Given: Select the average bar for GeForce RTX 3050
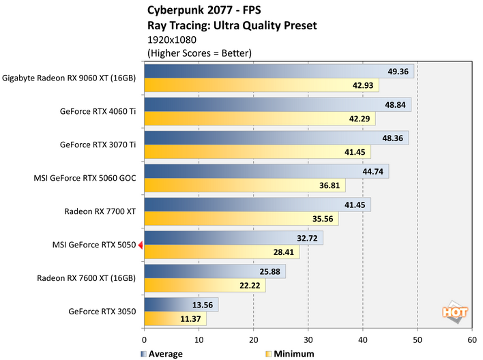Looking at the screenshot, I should (x=181, y=305).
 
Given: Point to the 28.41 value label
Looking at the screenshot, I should (x=281, y=254).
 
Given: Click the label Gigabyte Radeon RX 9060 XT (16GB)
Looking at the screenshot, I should (x=69, y=78).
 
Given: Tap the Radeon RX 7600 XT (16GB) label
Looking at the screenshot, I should (x=87, y=278).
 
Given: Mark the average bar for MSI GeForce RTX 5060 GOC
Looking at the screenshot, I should (x=266, y=171).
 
